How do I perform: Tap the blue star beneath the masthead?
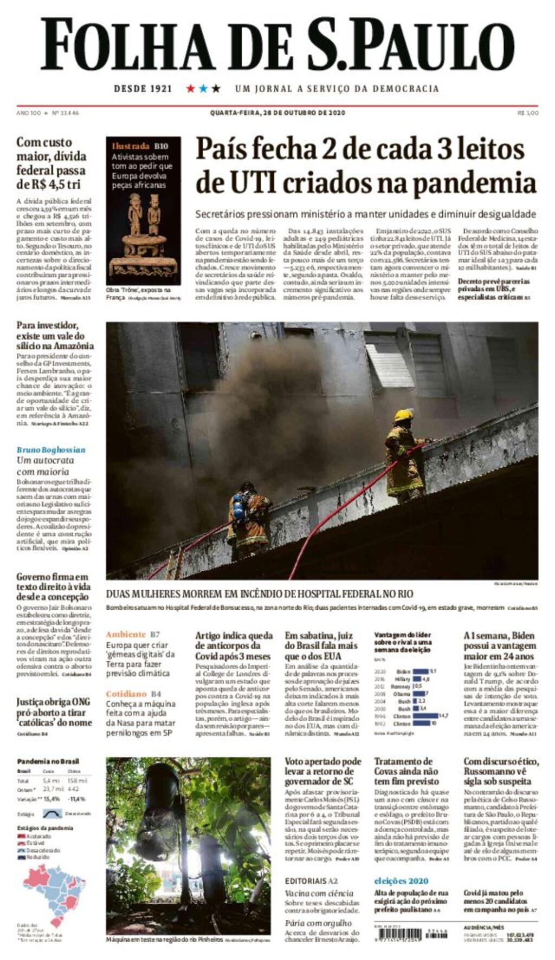tap(203, 88)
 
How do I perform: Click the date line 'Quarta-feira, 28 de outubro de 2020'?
tap(277, 113)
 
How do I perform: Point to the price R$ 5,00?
tap(527, 113)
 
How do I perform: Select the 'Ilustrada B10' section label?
tap(140, 146)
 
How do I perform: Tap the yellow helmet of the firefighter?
tap(403, 415)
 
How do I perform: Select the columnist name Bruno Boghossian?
tap(51, 450)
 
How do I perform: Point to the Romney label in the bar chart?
tap(400, 686)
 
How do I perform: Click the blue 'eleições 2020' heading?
tap(401, 881)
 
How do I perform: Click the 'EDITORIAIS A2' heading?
tap(311, 881)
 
